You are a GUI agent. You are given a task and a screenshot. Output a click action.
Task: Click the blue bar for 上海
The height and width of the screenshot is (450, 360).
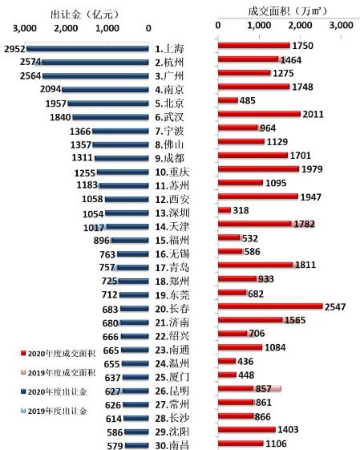87,49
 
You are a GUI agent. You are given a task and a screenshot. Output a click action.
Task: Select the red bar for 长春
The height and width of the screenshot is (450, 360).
270,306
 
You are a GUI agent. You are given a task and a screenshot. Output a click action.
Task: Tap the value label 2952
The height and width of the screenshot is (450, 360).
14,49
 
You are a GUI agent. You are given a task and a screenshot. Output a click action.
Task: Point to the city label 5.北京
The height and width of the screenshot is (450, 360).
169,103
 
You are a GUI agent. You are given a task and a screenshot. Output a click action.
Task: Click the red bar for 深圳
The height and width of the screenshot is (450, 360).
224,210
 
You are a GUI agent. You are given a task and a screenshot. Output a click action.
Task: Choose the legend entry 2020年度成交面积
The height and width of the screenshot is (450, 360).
59,353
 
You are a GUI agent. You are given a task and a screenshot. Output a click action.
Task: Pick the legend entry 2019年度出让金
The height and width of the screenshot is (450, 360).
54,411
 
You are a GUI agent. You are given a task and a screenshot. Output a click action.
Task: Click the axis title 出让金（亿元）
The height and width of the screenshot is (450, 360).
85,14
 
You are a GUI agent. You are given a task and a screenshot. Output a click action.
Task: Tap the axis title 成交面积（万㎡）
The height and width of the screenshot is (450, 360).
288,11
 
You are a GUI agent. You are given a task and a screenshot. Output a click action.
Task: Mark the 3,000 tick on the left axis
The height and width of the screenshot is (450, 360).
25,28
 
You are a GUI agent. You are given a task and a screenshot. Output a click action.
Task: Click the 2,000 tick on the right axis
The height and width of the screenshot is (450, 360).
300,25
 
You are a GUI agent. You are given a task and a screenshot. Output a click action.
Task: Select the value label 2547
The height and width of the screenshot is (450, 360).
335,306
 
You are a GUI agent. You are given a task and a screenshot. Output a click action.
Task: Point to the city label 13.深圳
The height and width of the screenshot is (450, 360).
172,213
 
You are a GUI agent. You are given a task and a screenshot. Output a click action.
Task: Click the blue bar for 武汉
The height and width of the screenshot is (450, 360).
111,117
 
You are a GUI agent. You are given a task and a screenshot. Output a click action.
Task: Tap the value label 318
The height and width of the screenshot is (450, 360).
241,210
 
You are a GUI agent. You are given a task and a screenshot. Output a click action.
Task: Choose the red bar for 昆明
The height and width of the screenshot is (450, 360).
236,388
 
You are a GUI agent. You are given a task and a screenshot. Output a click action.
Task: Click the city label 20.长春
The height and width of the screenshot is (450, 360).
172,309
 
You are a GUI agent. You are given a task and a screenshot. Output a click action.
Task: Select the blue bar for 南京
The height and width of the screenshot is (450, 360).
105,90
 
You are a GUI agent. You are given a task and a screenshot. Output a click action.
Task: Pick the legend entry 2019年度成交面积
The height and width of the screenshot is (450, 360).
59,372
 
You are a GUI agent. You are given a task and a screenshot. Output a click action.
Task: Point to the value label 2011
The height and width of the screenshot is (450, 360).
313,114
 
